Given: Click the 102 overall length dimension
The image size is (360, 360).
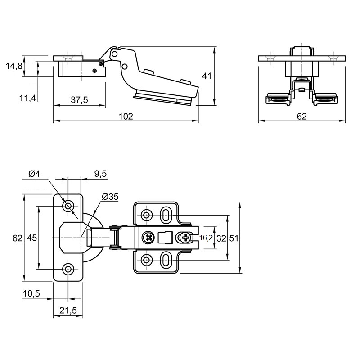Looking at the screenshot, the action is pos(126,117).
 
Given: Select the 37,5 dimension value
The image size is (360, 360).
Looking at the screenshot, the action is pos(79,100).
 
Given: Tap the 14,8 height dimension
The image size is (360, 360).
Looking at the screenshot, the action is pos(14,66).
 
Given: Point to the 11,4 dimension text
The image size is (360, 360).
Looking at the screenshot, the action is pos(28,98).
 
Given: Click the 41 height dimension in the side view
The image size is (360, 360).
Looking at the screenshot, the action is pos(207,76).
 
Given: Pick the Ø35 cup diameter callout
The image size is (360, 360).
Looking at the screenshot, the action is pos(110,197).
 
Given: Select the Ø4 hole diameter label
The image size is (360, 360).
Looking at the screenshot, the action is pos(34,174).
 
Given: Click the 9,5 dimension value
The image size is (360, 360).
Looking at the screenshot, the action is pos(100,174).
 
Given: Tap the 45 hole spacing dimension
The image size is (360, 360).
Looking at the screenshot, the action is pos(31,238).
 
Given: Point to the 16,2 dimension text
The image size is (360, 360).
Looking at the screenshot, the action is pos(206,238).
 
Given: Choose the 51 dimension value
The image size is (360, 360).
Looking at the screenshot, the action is pos(234,238).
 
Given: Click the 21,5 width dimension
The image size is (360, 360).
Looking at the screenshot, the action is pos(68,310).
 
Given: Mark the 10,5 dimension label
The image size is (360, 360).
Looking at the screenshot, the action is pos(31,293).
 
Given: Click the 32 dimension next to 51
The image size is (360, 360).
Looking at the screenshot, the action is pos(221,238).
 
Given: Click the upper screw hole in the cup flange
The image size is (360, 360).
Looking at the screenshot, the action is pos(68,206).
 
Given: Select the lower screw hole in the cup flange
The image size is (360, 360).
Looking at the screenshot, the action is pos(68,269).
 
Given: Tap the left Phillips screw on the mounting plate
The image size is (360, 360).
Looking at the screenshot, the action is pos(148,238).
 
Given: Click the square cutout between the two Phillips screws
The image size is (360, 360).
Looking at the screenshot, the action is pos(165,238).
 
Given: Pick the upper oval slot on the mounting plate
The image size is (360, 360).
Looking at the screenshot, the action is pos(165,215).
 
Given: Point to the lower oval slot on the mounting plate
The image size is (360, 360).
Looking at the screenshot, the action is pos(165,260).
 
